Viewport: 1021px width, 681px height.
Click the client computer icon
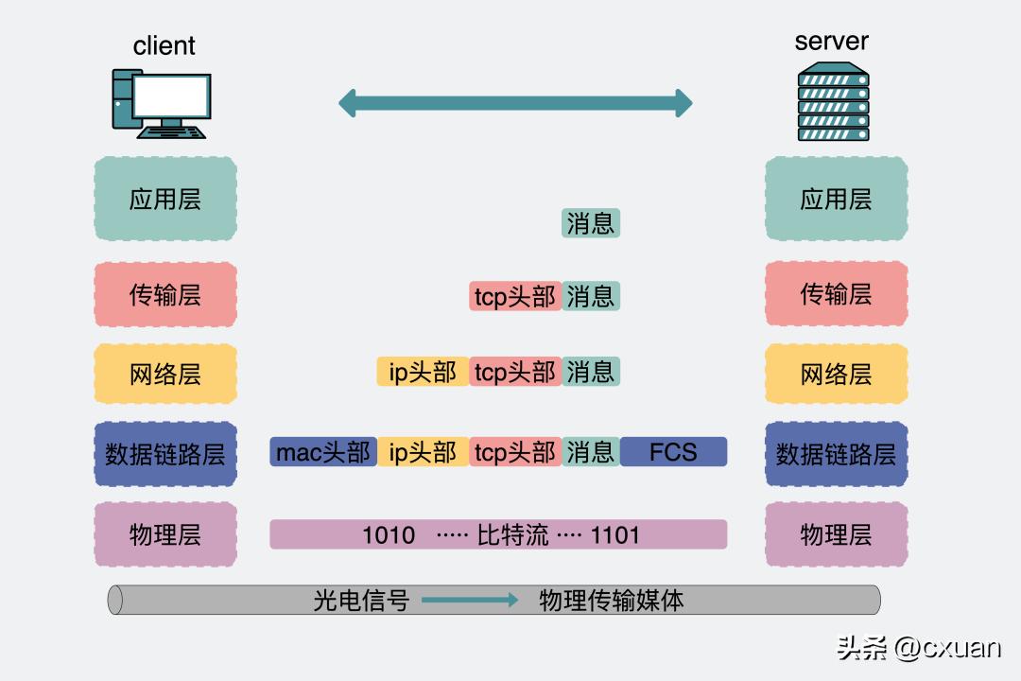point(162,103)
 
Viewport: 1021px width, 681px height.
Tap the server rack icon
point(832,101)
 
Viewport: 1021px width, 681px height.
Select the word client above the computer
point(164,45)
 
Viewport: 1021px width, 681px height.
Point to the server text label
point(831,42)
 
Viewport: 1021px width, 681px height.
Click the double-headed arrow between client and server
point(515,103)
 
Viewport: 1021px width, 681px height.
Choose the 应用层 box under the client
point(165,199)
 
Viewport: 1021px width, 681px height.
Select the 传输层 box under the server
point(836,294)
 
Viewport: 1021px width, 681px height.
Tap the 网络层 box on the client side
point(165,375)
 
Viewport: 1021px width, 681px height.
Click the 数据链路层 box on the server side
point(836,454)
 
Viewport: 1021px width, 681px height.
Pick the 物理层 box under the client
point(165,534)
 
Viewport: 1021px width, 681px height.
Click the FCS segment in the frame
point(673,452)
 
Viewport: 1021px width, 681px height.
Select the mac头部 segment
point(323,452)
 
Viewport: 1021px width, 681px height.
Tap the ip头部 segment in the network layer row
point(423,372)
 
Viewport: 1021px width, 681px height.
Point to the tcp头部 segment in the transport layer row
point(515,297)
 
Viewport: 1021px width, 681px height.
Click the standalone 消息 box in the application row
point(591,223)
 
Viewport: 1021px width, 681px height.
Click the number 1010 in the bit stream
point(389,535)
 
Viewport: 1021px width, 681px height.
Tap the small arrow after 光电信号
point(470,600)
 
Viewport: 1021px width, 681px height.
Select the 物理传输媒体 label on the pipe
point(611,600)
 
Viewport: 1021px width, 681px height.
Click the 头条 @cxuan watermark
point(918,648)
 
